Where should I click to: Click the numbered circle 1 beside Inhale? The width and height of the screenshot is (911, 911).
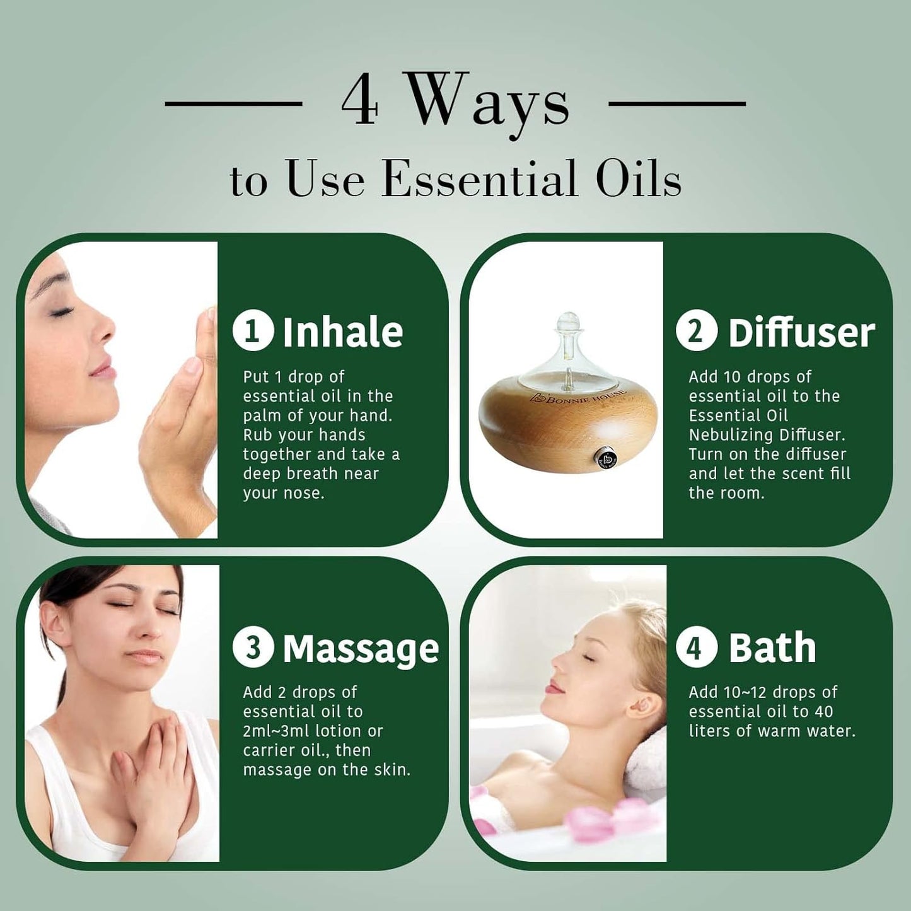coord(253,331)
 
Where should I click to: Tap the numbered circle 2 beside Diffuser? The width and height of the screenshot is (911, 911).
coord(697,331)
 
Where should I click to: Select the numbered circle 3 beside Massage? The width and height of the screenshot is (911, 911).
coord(253,648)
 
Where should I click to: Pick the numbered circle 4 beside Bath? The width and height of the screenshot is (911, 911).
coord(697,648)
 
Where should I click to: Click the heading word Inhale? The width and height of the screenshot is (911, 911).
coord(343,331)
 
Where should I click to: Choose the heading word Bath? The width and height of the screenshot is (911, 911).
coord(772,647)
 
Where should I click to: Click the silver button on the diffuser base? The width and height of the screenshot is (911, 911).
coord(601,458)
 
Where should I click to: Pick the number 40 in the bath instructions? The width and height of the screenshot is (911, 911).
coord(823,712)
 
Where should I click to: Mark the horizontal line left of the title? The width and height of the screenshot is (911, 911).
coord(233,103)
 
